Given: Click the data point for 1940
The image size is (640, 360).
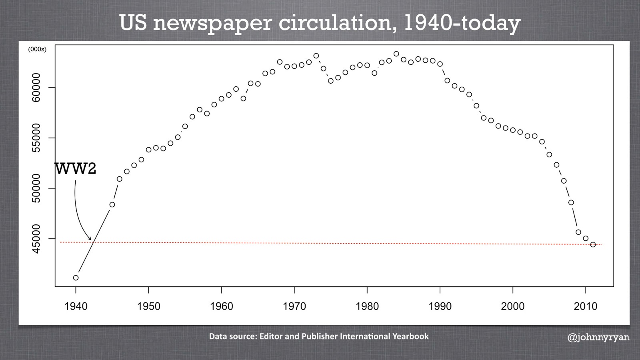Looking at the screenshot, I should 76,278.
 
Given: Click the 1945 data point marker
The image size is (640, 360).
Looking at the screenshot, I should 112,204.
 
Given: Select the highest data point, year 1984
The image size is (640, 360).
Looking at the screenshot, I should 396,54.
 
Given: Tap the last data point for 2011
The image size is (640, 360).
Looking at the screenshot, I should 593,244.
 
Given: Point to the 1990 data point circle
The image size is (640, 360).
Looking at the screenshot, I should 440,64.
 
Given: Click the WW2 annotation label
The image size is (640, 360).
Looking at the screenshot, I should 76,169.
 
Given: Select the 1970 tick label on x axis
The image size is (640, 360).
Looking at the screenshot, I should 294,306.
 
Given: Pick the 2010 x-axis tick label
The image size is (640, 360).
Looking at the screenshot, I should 586,306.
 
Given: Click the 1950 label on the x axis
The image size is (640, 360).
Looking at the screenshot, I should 149,306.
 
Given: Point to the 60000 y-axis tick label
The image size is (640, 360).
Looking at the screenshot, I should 36,88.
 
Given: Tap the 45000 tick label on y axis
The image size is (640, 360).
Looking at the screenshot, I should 36,239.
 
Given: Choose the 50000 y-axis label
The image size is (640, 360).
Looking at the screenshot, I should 36,188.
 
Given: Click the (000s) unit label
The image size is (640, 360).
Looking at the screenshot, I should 37,50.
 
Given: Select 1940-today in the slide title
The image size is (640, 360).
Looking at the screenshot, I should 462,23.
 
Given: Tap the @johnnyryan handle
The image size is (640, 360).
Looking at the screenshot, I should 598,337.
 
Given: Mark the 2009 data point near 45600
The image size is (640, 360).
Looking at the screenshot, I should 578,232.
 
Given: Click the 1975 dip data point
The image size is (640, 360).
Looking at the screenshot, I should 331,81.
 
